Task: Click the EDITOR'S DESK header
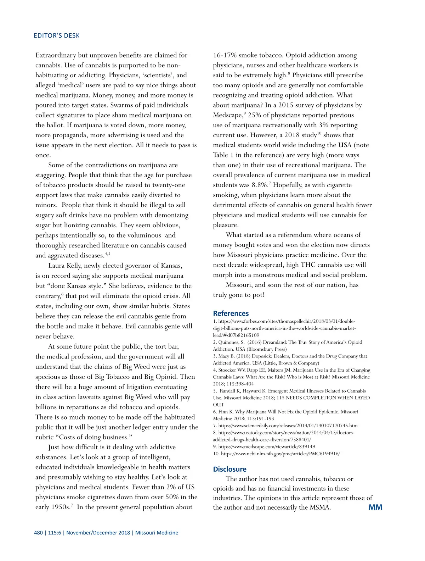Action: click(x=57, y=36)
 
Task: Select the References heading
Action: click(x=231, y=313)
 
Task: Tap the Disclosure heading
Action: click(x=229, y=469)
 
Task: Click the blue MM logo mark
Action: click(x=375, y=507)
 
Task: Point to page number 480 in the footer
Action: click(x=38, y=533)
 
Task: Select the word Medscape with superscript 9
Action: click(x=228, y=115)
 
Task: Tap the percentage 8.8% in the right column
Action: click(x=260, y=185)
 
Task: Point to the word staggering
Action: click(x=50, y=175)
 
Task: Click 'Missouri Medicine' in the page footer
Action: click(x=157, y=533)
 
